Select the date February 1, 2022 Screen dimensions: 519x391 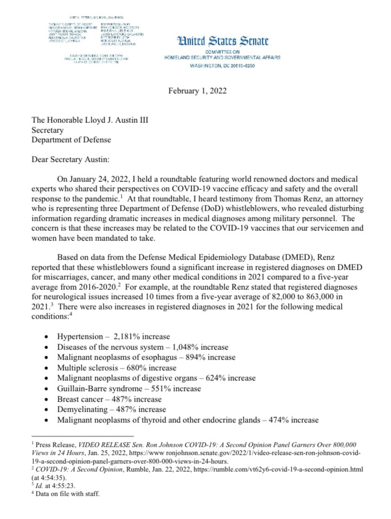(198, 90)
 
